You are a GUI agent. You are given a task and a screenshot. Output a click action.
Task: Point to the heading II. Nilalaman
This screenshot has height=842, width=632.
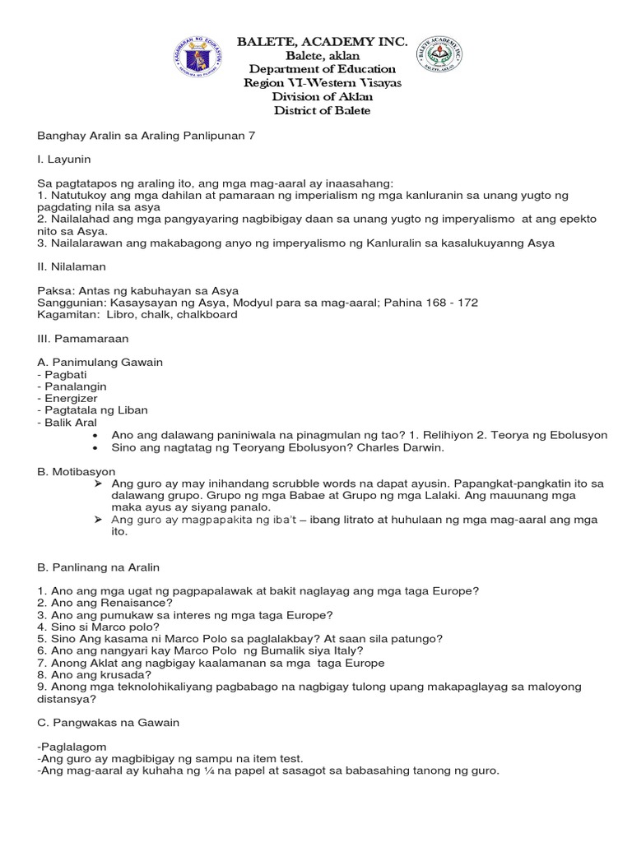pos(72,266)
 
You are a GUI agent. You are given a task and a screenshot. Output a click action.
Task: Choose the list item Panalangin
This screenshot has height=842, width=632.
pos(75,386)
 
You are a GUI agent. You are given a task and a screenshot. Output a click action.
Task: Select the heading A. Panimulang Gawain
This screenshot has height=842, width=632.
pos(101,362)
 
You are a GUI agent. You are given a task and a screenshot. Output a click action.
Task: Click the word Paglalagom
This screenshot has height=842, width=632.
pos(77,746)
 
